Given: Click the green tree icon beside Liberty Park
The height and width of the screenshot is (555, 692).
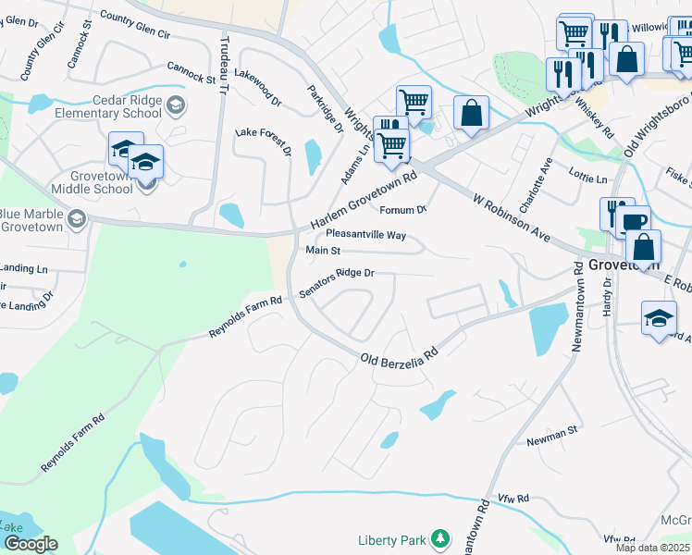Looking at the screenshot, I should (x=442, y=538).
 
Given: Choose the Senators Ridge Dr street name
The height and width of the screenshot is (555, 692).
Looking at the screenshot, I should (x=336, y=283).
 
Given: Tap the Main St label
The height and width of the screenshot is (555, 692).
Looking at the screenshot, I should (x=323, y=251).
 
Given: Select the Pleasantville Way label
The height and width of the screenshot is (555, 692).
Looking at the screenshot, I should (x=365, y=235).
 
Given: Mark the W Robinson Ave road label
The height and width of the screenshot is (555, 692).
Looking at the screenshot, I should (x=511, y=219).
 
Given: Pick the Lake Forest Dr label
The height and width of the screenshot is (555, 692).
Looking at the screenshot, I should (x=264, y=142).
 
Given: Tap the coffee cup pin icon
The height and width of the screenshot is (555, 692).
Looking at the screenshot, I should (x=635, y=223).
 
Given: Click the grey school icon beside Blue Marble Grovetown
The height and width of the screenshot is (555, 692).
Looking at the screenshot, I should (x=75, y=219).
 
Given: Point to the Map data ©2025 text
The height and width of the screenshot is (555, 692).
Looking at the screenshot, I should (x=651, y=548).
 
